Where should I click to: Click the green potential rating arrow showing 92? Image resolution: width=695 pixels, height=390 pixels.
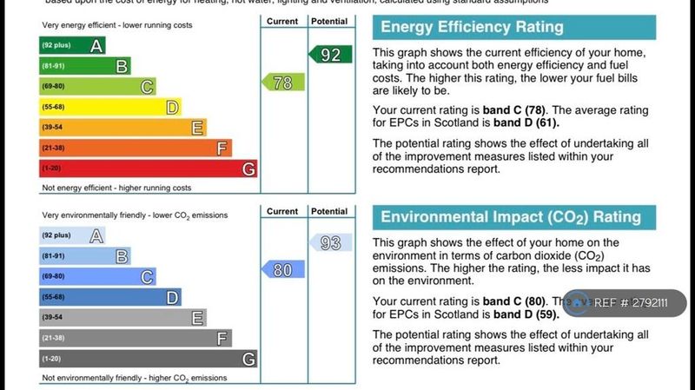pyautogui.click(x=330, y=55)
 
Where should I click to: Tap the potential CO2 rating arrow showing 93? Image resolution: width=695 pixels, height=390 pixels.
pyautogui.click(x=330, y=242)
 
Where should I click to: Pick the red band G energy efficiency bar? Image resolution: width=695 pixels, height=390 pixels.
pyautogui.click(x=148, y=169)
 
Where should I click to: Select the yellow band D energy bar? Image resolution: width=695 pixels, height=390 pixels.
pyautogui.click(x=109, y=107)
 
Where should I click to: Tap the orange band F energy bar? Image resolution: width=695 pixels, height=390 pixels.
pyautogui.click(x=135, y=148)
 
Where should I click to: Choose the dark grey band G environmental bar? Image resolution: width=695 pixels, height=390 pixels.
pyautogui.click(x=148, y=358)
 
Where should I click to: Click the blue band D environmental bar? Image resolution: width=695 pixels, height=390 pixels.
pyautogui.click(x=109, y=297)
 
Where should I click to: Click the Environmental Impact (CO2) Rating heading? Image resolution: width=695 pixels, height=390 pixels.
pyautogui.click(x=511, y=216)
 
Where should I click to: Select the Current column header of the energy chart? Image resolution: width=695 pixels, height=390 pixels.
pyautogui.click(x=282, y=21)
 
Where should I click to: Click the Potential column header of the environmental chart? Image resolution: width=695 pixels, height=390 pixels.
pyautogui.click(x=329, y=211)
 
